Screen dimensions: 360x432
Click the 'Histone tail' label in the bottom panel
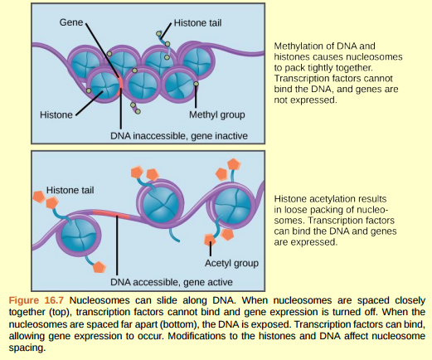(70, 190)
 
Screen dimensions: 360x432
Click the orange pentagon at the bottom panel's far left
(37, 197)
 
